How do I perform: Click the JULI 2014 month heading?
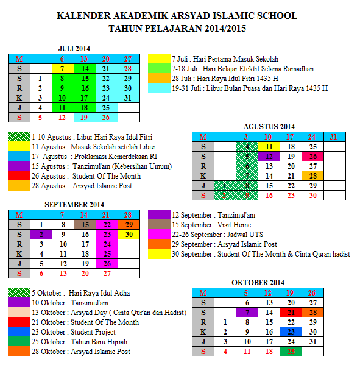tap(74, 48)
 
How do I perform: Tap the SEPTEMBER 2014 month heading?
tap(74, 204)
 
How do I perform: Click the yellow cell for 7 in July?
tap(62, 69)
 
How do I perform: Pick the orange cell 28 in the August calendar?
tap(312, 175)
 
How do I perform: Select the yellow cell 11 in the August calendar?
tap(269, 146)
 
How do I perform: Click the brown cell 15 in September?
tap(85, 224)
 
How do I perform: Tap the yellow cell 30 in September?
tap(129, 234)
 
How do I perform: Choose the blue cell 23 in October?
tap(291, 331)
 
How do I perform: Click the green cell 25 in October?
tap(291, 351)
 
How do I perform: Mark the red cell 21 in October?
tap(291, 312)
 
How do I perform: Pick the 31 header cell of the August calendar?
tap(333, 136)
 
